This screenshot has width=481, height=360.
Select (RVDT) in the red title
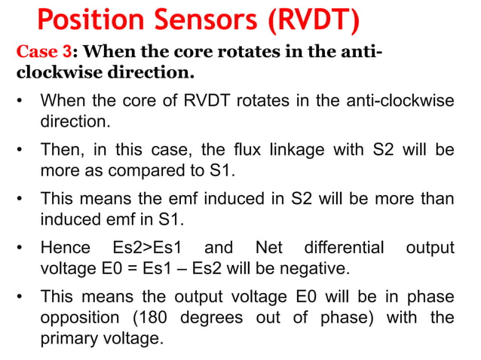pyautogui.click(x=311, y=20)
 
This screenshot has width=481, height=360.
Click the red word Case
pyautogui.click(x=36, y=53)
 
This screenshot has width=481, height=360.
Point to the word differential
pyautogui.click(x=344, y=248)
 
